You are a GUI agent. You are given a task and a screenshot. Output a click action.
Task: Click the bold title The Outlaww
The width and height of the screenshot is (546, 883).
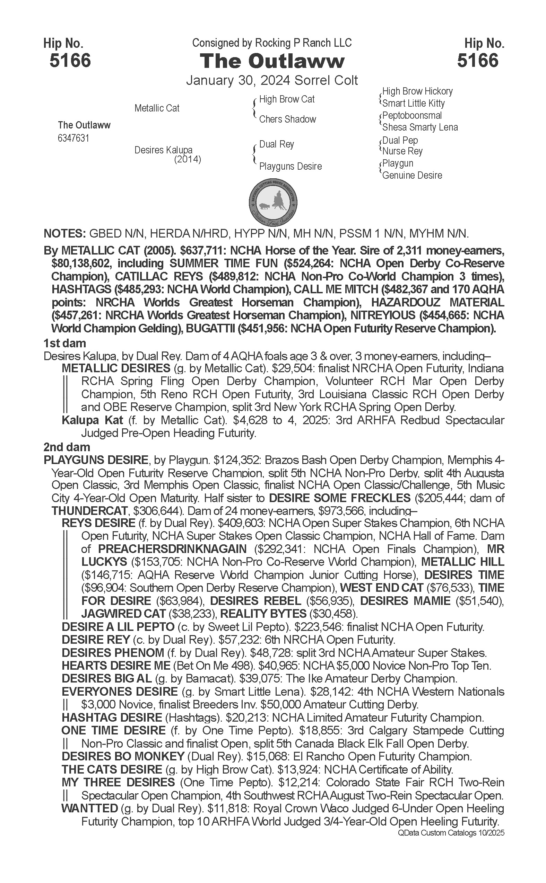pos(272,61)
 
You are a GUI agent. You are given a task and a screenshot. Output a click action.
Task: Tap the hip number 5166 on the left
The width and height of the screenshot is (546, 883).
pos(70,60)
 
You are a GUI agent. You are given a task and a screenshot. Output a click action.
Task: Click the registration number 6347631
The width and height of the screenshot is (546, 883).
pos(73,138)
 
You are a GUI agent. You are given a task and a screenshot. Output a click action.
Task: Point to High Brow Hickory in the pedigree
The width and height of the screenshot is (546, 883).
pos(417,91)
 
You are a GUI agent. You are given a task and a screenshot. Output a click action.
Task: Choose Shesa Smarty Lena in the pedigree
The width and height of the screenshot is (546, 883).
pos(419,127)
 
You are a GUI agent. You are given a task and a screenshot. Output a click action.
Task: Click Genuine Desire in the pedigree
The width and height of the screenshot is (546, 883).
pos(412,175)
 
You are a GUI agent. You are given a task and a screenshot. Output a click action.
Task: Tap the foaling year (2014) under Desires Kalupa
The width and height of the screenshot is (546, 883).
pos(188,159)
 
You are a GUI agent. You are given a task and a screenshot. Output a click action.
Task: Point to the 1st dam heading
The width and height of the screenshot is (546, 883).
pos(64,343)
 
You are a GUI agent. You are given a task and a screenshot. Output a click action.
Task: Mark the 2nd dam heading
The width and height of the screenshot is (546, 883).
pos(67,447)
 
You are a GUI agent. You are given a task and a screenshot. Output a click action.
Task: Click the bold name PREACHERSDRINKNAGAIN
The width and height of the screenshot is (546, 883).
pos(172,549)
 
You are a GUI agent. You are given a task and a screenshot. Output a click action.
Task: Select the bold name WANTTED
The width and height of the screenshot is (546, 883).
pos(89,808)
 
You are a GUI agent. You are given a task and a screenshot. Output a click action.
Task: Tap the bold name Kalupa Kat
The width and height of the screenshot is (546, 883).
pos(93,420)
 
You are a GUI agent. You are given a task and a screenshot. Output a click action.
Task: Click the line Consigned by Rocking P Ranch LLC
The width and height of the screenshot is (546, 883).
pos(271,43)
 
